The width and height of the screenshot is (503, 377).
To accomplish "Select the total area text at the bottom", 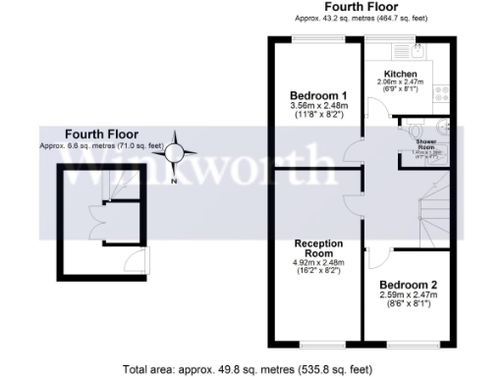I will click(x=248, y=369).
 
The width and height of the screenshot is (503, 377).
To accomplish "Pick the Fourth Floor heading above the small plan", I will click(x=102, y=134).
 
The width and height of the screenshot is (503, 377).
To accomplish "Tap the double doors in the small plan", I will click(x=97, y=217).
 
